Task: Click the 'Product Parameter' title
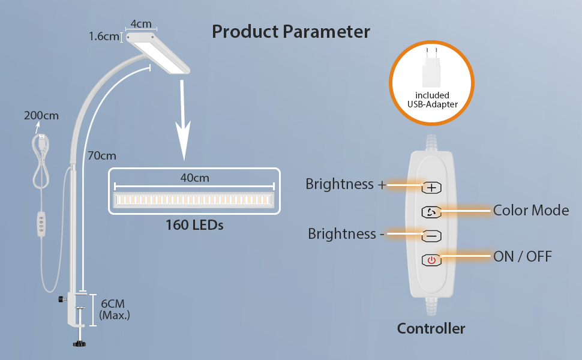[291, 31]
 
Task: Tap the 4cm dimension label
[141, 24]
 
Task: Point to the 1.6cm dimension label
[104, 37]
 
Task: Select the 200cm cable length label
[41, 116]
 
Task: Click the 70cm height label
[101, 156]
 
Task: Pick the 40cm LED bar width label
[194, 178]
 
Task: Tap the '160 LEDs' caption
[194, 226]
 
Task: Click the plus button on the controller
[431, 187]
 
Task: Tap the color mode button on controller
[431, 212]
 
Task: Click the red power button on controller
[431, 260]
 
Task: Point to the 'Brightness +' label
[346, 184]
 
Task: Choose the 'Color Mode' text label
[531, 210]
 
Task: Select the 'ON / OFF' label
[522, 257]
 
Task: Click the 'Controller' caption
[431, 328]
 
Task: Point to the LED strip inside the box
[194, 199]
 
